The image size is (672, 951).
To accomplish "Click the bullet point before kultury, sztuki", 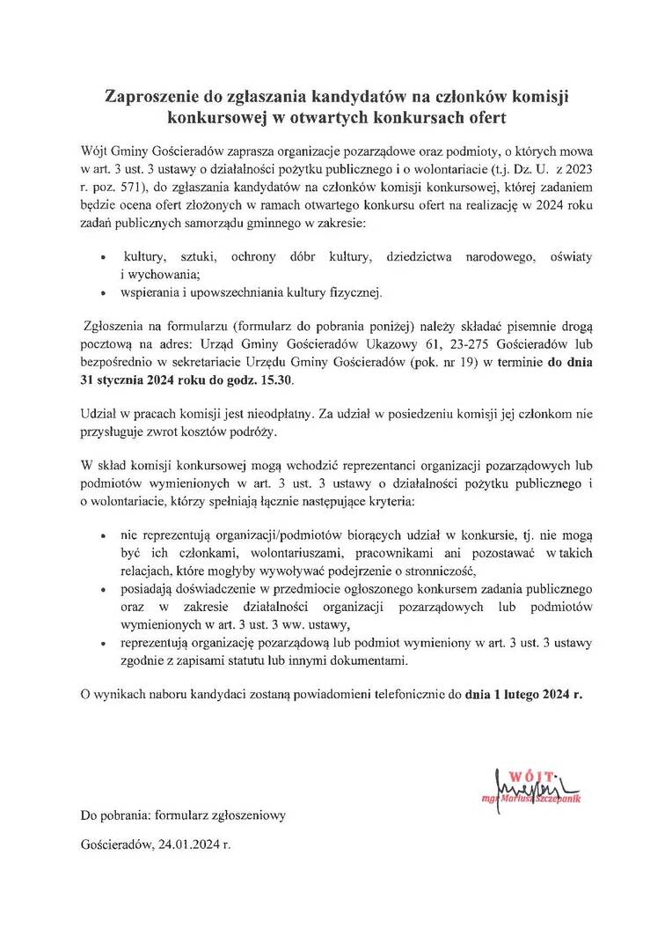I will [104, 257].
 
